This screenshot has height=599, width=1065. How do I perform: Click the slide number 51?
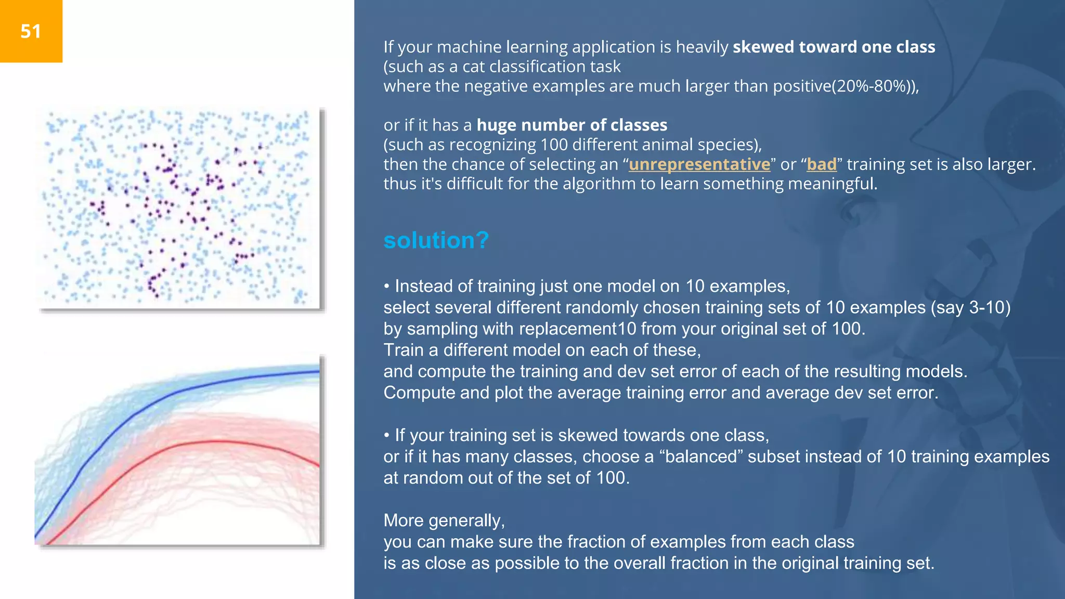point(31,32)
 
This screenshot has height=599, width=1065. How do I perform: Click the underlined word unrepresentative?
point(699,164)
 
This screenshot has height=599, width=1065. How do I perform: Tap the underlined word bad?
point(821,164)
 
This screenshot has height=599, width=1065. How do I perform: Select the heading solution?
point(436,240)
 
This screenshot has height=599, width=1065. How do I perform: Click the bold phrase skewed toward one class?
point(834,47)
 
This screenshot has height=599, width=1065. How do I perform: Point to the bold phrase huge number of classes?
point(572,125)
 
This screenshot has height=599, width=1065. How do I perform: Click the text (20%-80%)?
point(874,86)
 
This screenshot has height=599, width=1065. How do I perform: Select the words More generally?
point(444,520)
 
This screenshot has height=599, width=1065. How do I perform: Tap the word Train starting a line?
point(404,350)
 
